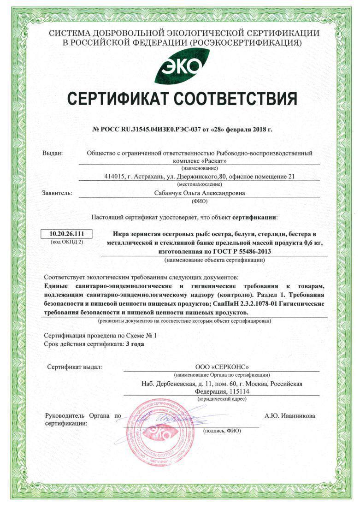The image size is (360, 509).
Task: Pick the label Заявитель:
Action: (x=57, y=193)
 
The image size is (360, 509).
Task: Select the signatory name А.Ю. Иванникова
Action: (x=290, y=416)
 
